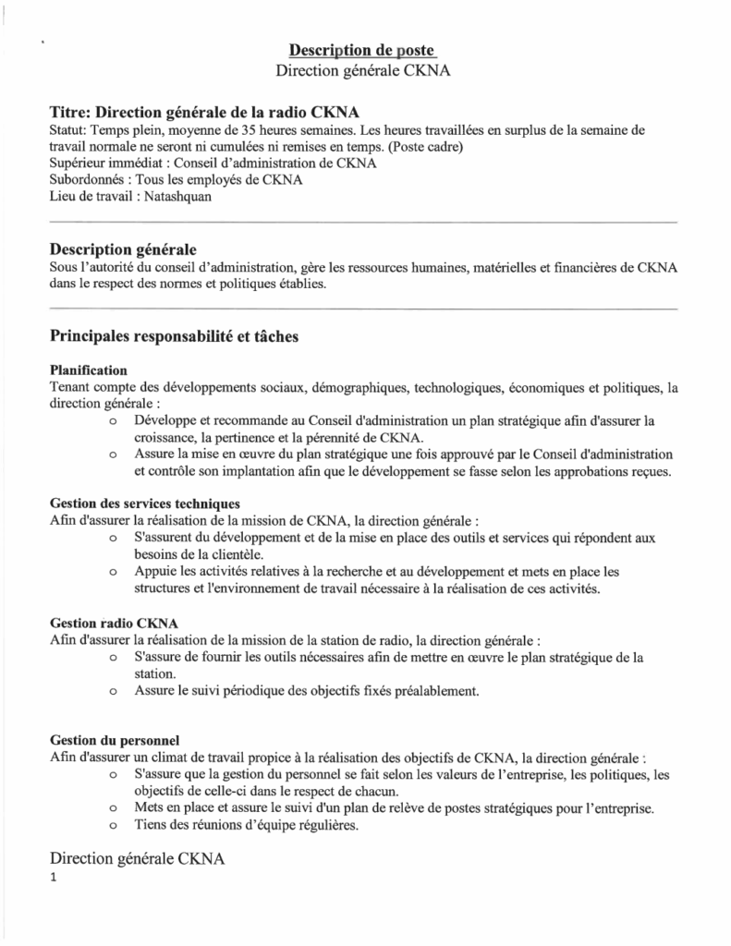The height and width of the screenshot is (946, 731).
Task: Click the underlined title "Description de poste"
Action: click(362, 49)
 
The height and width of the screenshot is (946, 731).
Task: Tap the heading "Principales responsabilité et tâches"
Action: click(174, 337)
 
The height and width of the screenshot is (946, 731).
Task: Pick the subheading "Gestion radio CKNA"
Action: click(113, 622)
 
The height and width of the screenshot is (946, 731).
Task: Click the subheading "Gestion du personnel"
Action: click(115, 740)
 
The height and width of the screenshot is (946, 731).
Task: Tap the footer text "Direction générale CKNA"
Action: click(138, 859)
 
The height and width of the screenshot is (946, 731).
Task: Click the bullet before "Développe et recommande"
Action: click(113, 421)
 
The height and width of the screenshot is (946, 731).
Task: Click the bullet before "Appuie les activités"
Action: click(113, 573)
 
